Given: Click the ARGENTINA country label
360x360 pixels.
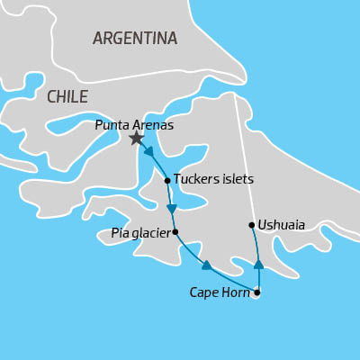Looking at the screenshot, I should pos(135,38).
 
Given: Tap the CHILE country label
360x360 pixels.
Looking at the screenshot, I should pos(67,96).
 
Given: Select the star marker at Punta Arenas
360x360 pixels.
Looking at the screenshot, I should pos(136,138).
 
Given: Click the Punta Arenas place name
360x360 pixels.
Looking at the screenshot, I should pos(134,125).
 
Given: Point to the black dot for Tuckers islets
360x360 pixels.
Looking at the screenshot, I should pos(167,180).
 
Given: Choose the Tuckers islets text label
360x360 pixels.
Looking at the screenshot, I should pos(213,179).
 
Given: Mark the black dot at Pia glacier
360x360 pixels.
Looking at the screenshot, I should pos(175,231).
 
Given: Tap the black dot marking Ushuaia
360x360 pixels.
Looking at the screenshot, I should pos(250,225).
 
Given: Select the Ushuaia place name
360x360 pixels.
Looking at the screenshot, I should pos(281,225).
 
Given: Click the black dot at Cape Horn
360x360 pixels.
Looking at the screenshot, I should pos(257,292).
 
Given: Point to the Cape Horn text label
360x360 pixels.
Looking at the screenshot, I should pos(220,292).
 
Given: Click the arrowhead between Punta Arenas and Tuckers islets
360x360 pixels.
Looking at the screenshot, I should pos(148,151).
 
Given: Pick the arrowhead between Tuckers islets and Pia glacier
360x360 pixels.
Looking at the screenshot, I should pos(171,209).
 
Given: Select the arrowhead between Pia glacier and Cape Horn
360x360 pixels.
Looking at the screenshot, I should pos(206,265).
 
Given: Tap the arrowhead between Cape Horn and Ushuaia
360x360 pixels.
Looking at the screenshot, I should pos(258,265).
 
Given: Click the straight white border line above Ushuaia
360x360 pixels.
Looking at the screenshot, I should pos(243,153).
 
